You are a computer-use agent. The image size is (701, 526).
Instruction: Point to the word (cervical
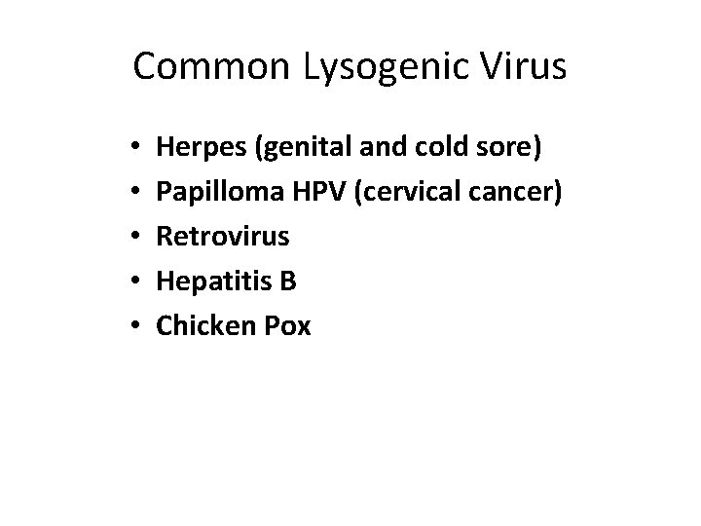400,191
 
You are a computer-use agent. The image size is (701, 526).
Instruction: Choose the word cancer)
513,191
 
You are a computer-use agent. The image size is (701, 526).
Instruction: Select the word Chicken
201,324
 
